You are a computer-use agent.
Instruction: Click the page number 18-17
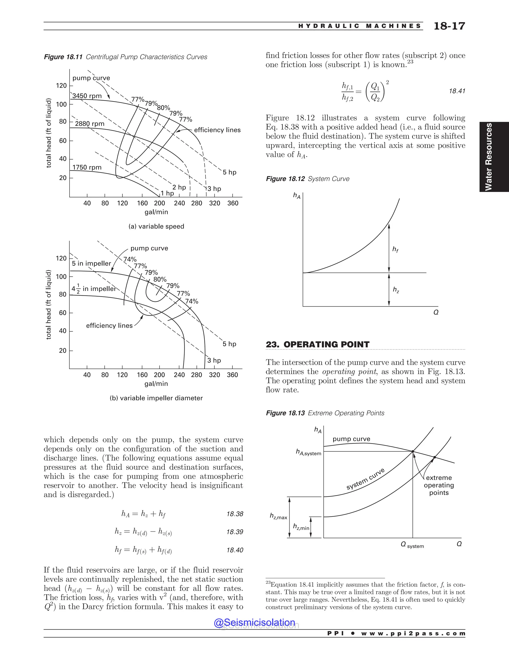449,26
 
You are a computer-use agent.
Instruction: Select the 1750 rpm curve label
87,167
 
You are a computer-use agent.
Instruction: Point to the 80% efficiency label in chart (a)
164,108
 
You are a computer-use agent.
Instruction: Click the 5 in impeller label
91,263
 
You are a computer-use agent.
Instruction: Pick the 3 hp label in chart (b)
214,360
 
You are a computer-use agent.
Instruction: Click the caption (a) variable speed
156,226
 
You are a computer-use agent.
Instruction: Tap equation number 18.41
457,91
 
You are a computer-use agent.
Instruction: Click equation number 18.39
235,532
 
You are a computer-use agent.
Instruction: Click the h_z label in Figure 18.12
396,290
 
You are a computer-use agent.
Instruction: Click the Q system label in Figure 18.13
412,545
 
